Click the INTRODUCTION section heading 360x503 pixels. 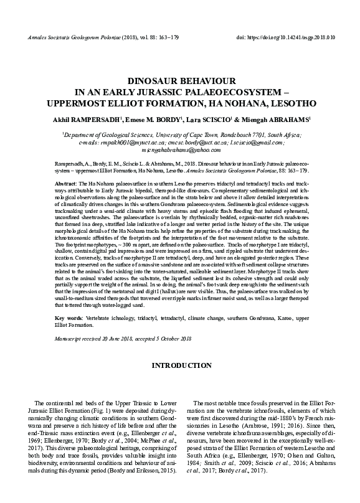[x=180, y=365]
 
